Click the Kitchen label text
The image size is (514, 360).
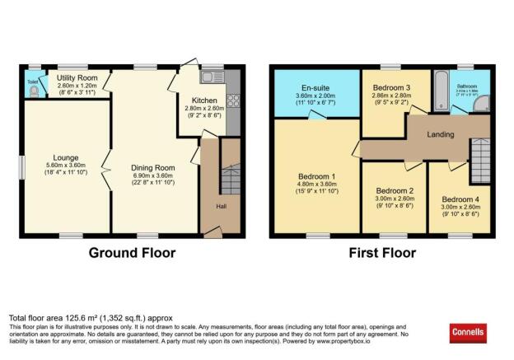click(x=205, y=101)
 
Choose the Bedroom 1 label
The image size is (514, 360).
click(x=316, y=175)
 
